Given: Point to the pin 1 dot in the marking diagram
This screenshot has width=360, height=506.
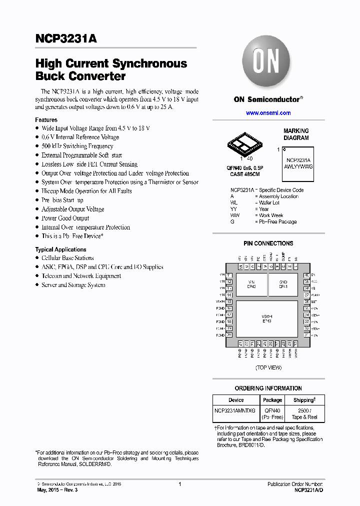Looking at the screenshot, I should point(284,149).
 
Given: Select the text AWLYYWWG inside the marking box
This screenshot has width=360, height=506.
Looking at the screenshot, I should point(298,166).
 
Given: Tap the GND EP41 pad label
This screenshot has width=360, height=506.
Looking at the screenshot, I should point(283,284).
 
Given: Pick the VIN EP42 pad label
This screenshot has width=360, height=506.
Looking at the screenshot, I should point(251,284).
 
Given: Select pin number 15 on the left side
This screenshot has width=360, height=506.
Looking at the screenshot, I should point(229,302).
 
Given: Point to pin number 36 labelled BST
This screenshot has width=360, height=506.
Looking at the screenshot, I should point(306,302).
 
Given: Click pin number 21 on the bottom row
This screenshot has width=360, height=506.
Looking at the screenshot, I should point(240,343).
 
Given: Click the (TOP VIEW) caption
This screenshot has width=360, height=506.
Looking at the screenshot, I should point(268,367).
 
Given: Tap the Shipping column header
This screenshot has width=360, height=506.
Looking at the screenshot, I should point(304,400).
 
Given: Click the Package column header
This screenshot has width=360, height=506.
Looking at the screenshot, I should point(272,400).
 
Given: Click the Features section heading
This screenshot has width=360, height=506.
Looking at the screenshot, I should point(46,120).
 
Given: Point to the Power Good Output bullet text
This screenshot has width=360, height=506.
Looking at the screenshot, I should point(65,218).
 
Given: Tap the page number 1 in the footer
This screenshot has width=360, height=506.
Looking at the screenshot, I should point(179,484).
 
